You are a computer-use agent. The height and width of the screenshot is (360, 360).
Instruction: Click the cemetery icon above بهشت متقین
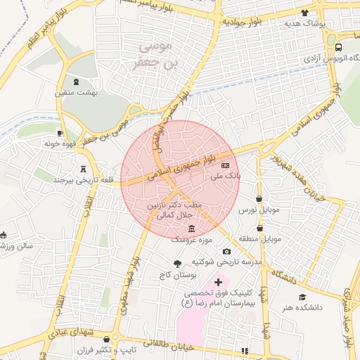pyautogui.click(x=77, y=82)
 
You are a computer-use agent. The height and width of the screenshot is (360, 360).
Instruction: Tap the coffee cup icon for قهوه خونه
pyautogui.click(x=60, y=132)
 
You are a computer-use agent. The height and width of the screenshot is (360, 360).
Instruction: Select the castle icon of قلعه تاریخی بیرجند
pyautogui.click(x=84, y=169)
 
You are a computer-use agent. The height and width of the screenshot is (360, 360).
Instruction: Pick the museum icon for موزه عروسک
pyautogui.click(x=192, y=229)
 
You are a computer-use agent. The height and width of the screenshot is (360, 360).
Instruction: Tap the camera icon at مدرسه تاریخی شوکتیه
pyautogui.click(x=226, y=251)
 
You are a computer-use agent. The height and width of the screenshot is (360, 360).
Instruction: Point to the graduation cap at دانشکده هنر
pyautogui.click(x=302, y=297)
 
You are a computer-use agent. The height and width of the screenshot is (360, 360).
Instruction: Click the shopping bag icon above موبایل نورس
pyautogui.click(x=260, y=199)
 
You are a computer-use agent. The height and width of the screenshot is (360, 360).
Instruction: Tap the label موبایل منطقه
pyautogui.click(x=262, y=239)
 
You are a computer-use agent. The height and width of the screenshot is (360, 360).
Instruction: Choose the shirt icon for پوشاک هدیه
pyautogui.click(x=304, y=13)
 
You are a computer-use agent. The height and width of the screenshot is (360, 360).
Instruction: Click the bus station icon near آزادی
pyautogui.click(x=340, y=48)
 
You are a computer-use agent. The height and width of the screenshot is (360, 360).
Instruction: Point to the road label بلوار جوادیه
pyautogui.click(x=243, y=22)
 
